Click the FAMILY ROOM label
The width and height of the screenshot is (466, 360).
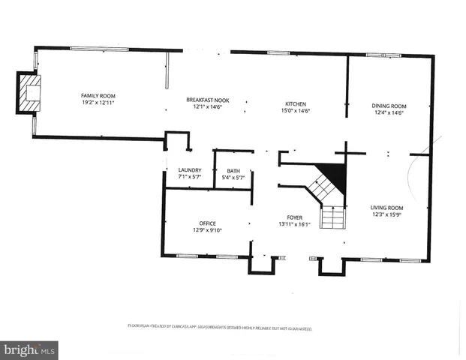point(98,95)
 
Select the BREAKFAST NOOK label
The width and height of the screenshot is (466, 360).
point(208,100)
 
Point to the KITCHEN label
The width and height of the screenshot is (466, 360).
point(295,104)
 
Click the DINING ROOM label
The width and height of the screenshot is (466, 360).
point(388,106)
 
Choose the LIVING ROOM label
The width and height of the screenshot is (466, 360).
point(387,208)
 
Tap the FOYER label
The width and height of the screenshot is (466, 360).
point(293,217)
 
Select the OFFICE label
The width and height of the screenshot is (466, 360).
point(208,223)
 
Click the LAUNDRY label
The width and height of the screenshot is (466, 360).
point(190,170)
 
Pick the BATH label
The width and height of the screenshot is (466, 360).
point(233,171)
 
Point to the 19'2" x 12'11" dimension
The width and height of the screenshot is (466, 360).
point(98,103)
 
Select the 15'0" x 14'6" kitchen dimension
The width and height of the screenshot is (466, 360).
point(295,112)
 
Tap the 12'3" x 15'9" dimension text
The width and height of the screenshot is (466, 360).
point(387,215)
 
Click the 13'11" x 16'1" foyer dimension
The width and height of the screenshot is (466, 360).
point(293,224)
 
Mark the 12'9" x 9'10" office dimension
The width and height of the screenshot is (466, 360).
point(208,230)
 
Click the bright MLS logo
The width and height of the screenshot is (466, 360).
point(29,349)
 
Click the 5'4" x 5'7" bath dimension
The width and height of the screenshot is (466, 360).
point(233,178)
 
